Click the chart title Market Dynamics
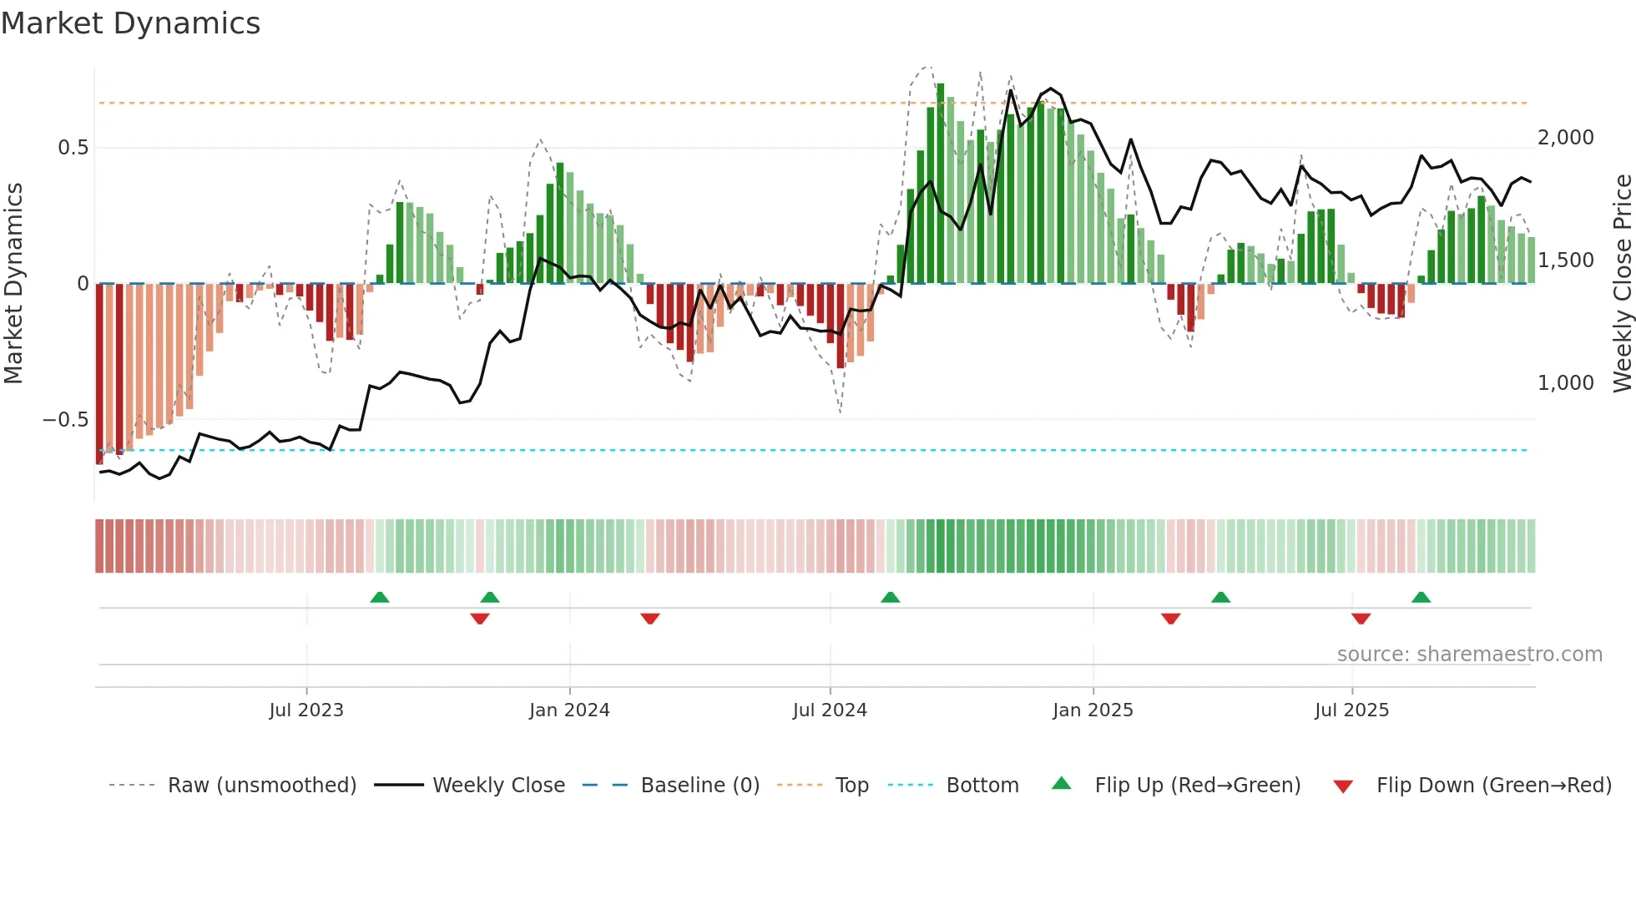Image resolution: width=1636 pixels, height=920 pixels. (131, 23)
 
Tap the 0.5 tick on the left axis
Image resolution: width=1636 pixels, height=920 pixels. (73, 148)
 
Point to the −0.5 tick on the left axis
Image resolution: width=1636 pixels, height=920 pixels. (66, 419)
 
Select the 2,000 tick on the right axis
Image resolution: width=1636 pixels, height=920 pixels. (1565, 138)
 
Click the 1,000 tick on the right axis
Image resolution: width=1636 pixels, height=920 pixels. (1565, 383)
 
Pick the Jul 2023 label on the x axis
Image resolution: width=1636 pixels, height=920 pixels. (306, 710)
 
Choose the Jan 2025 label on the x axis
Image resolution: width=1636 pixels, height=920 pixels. (1093, 710)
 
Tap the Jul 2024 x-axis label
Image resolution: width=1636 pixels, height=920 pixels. (830, 710)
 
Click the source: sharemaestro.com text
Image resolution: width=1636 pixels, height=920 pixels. (1469, 655)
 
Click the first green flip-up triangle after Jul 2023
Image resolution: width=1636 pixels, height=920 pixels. (380, 597)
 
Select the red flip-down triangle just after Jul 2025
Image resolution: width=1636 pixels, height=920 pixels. (1361, 619)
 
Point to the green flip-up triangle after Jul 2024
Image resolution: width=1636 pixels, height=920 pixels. (890, 597)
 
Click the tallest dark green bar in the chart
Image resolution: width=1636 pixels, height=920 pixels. (941, 184)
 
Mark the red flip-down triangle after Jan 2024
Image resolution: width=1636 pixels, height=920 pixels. (650, 619)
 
